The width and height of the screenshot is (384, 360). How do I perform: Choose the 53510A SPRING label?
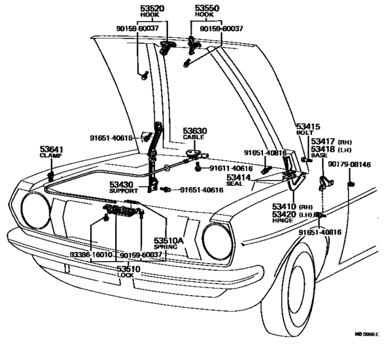pos(169,243)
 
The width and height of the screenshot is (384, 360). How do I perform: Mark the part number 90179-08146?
pos(349,165)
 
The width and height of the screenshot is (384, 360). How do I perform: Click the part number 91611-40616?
pos(231,168)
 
